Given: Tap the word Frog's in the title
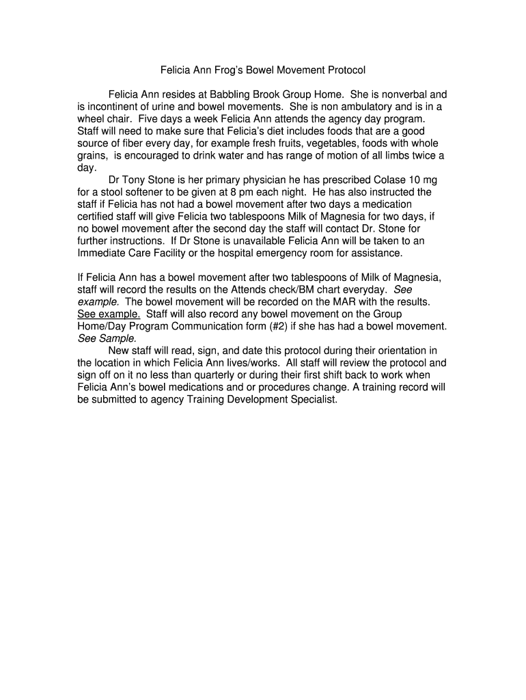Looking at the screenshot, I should (x=230, y=70).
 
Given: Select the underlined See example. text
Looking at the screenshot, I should (x=109, y=314).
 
